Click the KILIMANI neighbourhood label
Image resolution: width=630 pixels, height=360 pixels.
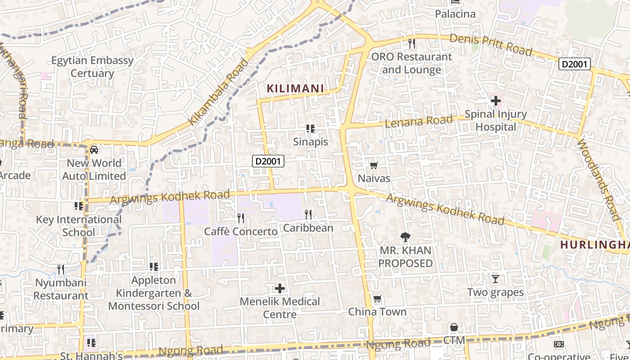(x=296, y=88)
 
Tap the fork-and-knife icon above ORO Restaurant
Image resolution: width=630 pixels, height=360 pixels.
(x=411, y=44)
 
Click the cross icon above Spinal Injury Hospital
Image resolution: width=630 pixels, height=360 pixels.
(x=496, y=101)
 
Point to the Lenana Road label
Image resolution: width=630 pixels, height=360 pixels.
(x=418, y=121)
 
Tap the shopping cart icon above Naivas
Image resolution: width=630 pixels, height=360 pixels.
(x=373, y=165)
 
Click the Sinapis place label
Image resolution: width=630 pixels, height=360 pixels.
(x=310, y=142)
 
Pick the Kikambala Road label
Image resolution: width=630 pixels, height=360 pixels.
(x=218, y=92)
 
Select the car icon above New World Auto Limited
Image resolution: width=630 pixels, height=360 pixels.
(x=94, y=150)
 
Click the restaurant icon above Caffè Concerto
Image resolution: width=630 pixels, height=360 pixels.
(x=241, y=218)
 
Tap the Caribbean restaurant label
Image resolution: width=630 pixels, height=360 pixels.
(x=308, y=228)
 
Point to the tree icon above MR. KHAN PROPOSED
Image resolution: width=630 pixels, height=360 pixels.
(x=405, y=237)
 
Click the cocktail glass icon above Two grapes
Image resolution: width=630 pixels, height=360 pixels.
(x=495, y=279)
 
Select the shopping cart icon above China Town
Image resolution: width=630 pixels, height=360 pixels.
(x=377, y=299)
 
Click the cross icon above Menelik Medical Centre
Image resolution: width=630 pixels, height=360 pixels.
(x=280, y=288)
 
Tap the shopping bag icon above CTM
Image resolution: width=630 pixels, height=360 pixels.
(x=454, y=327)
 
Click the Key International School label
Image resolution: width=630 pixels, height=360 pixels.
(x=79, y=226)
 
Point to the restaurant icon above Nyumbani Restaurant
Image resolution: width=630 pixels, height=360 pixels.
(x=61, y=270)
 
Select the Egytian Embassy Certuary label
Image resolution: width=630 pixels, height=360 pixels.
(x=92, y=67)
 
